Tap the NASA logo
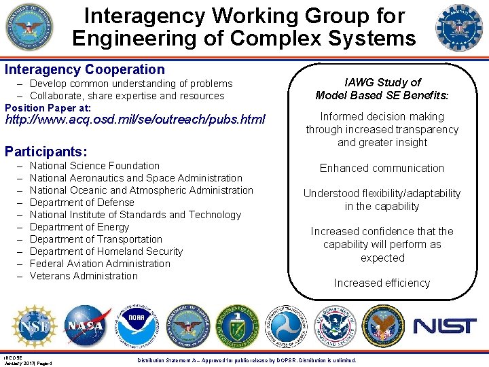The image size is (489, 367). tap(85, 326)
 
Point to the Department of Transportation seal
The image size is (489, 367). tap(285, 326)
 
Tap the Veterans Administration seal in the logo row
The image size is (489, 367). tap(383, 326)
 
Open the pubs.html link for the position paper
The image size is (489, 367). tap(145, 120)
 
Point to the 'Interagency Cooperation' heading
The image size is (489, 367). tap(85, 69)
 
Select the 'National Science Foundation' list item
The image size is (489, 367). tap(94, 166)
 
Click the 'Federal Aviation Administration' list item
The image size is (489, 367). tap(100, 264)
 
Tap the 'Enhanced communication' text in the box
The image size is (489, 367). tap(382, 168)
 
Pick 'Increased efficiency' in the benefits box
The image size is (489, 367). tap(382, 283)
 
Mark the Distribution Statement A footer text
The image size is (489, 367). tap(246, 360)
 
